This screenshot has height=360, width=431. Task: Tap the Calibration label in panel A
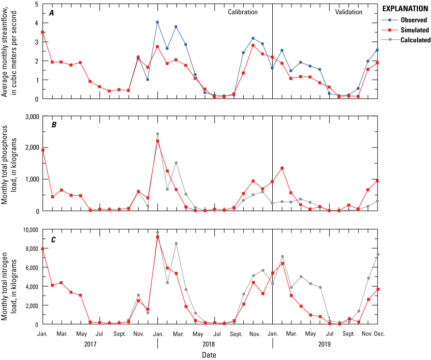(242, 12)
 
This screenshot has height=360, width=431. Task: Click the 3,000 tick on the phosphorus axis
(30, 116)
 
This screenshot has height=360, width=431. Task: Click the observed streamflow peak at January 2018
(157, 22)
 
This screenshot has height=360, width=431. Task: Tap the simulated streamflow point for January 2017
(43, 32)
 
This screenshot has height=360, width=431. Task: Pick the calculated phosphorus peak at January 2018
(157, 134)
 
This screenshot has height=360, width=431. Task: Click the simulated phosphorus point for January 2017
(43, 150)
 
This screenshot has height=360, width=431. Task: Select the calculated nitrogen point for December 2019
(377, 254)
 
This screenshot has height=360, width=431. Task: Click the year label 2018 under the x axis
(215, 344)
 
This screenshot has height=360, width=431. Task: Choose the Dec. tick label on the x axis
(379, 333)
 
